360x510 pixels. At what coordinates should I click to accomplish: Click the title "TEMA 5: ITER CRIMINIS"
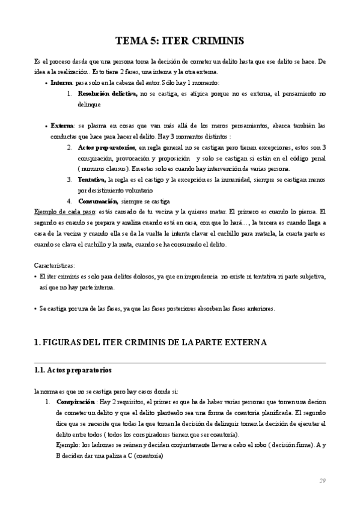tap(179, 41)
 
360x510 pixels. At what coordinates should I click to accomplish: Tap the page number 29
tap(322, 481)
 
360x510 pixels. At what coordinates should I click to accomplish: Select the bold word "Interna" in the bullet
tap(62, 82)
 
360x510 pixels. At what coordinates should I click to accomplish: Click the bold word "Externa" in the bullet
tap(63, 126)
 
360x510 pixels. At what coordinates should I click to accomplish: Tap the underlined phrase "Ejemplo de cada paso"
tap(64, 212)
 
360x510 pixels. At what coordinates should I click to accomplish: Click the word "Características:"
tap(55, 265)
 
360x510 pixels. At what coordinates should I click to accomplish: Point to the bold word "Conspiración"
tap(76, 401)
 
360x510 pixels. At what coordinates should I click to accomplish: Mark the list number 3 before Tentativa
tap(70, 180)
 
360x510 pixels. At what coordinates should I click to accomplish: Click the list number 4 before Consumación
tap(70, 201)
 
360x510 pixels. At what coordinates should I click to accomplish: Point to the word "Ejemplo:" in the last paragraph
tap(68, 444)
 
